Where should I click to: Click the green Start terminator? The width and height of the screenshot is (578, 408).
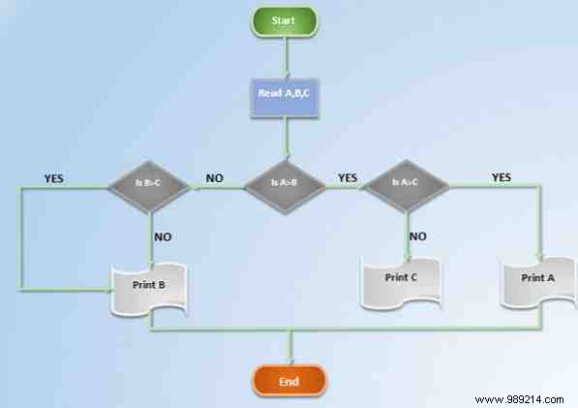pos(285,20)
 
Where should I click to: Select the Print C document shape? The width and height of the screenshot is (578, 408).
pos(401,279)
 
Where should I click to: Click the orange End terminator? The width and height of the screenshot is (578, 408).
pos(289,382)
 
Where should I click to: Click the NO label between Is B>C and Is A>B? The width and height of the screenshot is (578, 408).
pos(214,179)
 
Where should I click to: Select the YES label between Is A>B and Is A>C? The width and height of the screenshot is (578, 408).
pos(347,178)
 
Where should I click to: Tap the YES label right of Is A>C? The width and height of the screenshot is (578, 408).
pos(502,178)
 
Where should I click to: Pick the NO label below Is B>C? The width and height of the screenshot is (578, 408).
pos(163,235)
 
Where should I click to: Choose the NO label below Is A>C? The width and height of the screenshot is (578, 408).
pos(418,235)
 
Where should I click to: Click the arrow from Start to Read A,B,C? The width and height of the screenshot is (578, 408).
pos(285,55)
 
